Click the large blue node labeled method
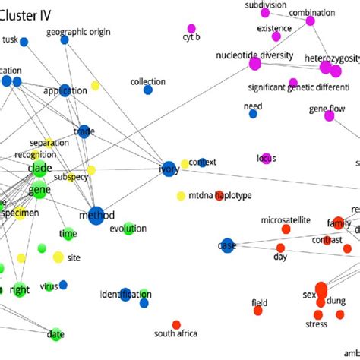[96, 216]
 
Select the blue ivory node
[169, 168]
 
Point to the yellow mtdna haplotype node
[181, 196]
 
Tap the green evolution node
[129, 229]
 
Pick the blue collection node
[147, 90]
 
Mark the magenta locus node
[265, 158]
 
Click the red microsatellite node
[286, 229]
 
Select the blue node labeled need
[253, 115]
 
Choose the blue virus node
[63, 285]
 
